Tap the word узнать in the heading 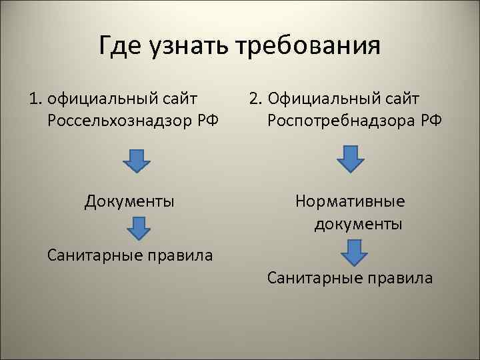pyautogui.click(x=186, y=47)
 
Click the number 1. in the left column pyautogui.click(x=36, y=101)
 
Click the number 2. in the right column pyautogui.click(x=256, y=101)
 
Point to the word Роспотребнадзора pyautogui.click(x=341, y=122)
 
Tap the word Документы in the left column pyautogui.click(x=130, y=201)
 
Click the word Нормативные pyautogui.click(x=349, y=201)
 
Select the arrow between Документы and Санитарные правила pyautogui.click(x=138, y=228)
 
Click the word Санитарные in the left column pyautogui.click(x=95, y=255)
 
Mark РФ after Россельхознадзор pyautogui.click(x=209, y=122)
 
